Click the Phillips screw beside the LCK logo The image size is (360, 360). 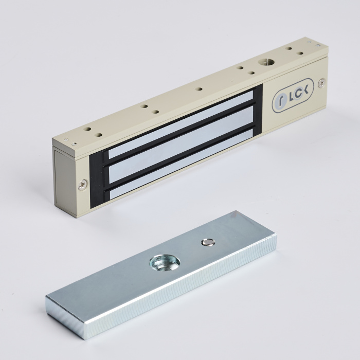point(321,83)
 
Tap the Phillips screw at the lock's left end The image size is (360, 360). point(83,185)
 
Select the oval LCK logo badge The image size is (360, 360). point(293,95)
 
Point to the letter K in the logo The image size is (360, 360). point(304,89)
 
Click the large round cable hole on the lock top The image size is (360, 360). point(266,62)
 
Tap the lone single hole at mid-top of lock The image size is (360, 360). point(199,89)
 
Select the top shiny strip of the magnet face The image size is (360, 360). point(180,124)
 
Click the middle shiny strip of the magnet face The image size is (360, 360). point(181,144)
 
